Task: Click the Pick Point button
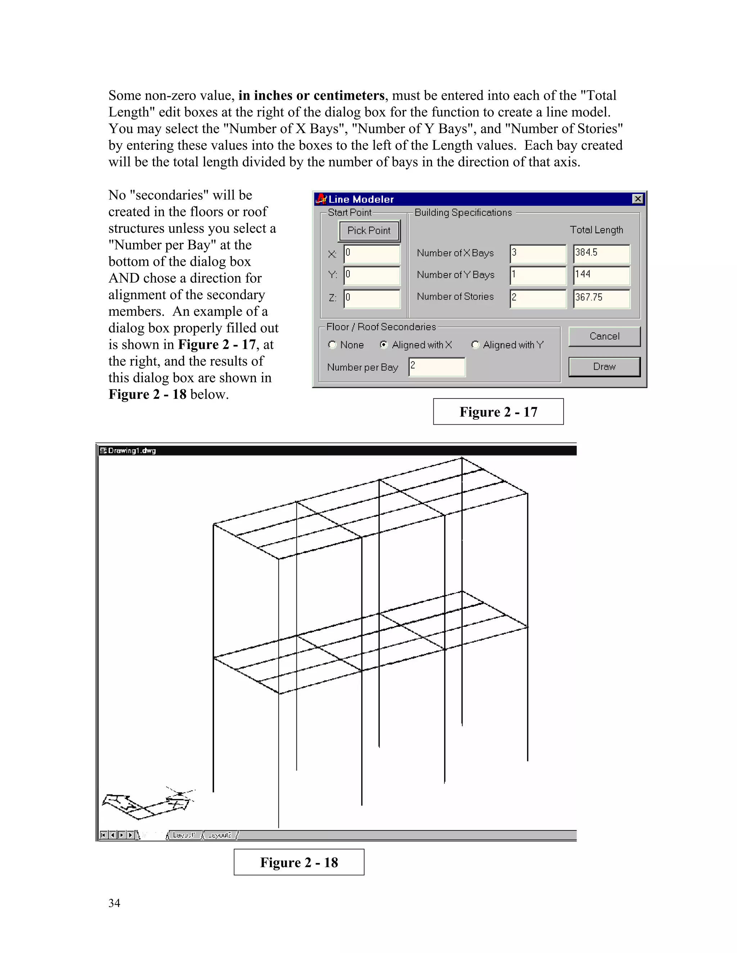point(369,231)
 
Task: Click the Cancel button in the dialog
point(604,337)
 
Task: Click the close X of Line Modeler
point(637,199)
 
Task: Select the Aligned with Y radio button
point(475,345)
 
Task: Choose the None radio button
point(332,345)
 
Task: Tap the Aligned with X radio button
point(384,345)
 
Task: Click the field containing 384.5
point(601,254)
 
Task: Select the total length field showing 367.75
point(601,298)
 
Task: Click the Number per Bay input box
point(437,366)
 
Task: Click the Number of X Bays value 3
point(538,254)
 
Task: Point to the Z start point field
point(371,298)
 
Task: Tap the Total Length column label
point(596,230)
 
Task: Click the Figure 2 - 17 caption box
point(498,411)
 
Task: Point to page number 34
point(114,903)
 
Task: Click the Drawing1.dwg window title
point(131,450)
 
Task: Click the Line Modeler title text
point(361,200)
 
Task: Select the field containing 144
point(601,276)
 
